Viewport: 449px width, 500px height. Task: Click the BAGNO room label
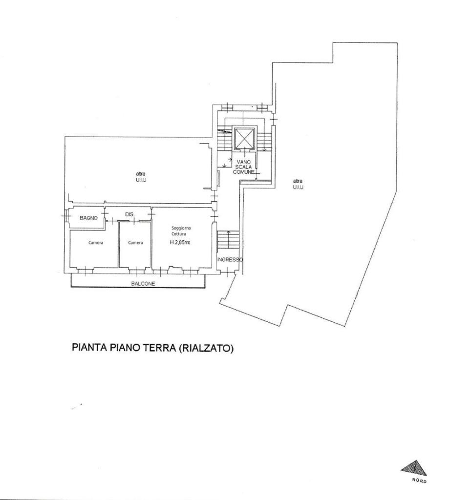pos(89,218)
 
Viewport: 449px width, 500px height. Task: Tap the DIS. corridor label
pos(129,215)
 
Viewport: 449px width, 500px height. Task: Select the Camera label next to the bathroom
pos(96,243)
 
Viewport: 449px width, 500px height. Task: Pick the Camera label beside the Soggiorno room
pos(136,243)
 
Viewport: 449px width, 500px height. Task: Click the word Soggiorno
pos(181,228)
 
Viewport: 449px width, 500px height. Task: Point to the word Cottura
pos(179,234)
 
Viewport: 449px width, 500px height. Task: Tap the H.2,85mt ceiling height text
pos(180,242)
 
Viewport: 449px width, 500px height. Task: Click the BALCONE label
pos(143,284)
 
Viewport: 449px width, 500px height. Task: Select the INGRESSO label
pos(230,260)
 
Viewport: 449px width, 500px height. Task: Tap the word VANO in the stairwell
pos(243,162)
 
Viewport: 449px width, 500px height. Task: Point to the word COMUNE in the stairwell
pos(243,172)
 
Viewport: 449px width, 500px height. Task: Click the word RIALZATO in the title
pos(205,347)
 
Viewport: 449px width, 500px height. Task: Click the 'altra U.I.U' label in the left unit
pos(141,177)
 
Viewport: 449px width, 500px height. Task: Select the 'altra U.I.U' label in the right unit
pos(298,184)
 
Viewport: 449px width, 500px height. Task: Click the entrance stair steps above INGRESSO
pos(228,240)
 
